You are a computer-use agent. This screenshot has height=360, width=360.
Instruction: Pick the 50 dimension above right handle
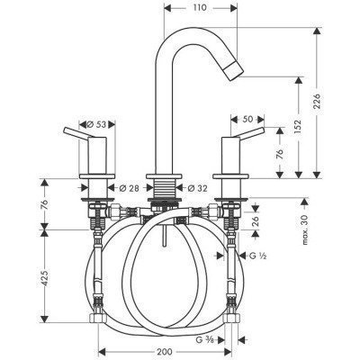[x=247, y=119]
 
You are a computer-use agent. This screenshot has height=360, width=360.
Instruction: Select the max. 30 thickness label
[x=307, y=231]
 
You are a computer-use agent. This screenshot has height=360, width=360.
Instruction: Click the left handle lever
[x=76, y=135]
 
